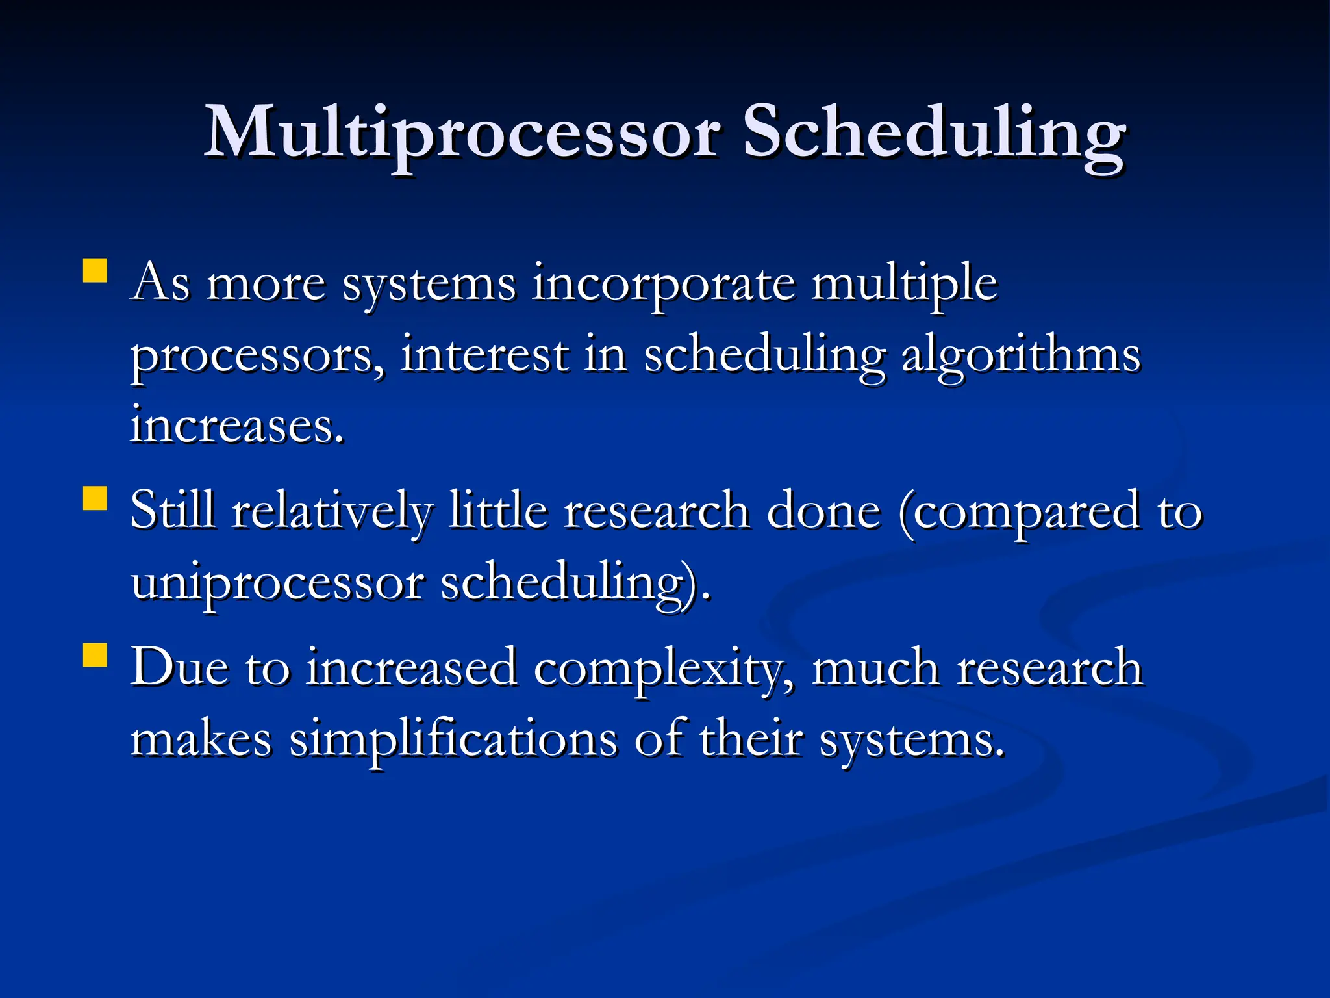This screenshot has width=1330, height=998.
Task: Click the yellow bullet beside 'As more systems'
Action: tap(95, 271)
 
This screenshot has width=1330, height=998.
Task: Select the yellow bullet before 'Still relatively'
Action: tap(95, 499)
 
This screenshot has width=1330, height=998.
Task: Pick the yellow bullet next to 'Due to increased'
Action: tap(95, 655)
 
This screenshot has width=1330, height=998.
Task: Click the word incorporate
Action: tap(663, 285)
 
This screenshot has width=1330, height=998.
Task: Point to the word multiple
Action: tap(904, 285)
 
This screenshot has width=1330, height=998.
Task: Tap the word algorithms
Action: tap(1021, 355)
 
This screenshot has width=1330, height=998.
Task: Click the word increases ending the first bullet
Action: tap(236, 426)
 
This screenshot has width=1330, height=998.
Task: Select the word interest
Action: tap(484, 355)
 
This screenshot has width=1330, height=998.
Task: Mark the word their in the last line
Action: tap(751, 739)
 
